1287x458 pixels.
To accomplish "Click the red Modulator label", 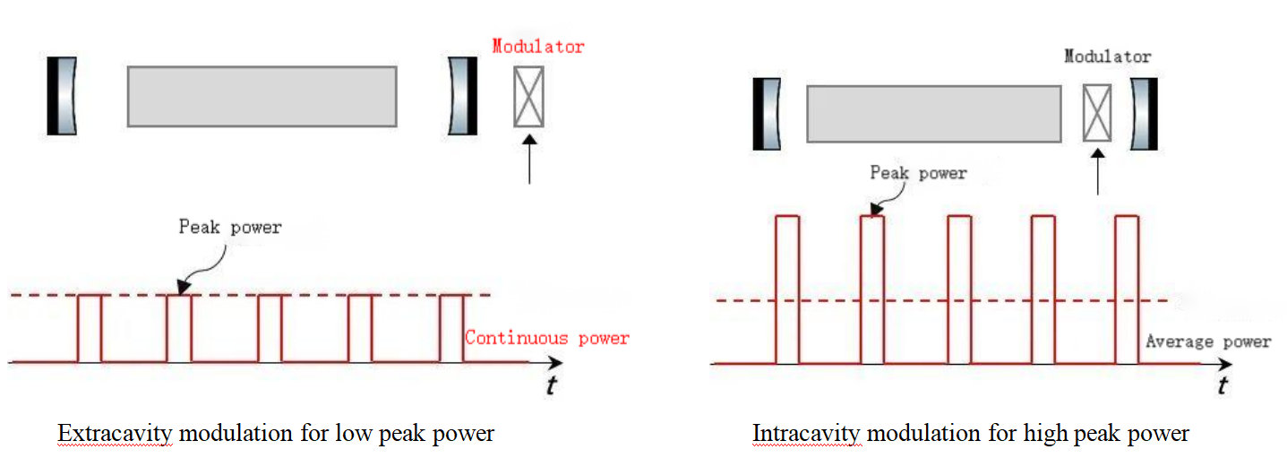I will [537, 47].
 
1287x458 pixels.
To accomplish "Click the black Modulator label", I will [1107, 56].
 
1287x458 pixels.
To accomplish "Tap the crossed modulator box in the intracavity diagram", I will [1097, 113].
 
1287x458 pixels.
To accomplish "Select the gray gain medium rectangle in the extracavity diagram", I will [262, 96].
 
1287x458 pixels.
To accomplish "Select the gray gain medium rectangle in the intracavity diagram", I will [933, 114].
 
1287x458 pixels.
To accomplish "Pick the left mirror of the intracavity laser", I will [767, 114].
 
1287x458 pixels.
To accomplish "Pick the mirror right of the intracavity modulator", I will [1144, 114].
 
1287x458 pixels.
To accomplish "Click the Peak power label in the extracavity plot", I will [230, 227].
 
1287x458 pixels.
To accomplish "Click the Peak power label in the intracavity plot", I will [918, 173].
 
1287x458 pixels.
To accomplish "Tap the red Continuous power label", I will [546, 339].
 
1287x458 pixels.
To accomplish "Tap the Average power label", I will [1207, 341].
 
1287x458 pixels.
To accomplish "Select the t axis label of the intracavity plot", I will [1223, 386].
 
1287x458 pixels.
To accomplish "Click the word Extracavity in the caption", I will [116, 434].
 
